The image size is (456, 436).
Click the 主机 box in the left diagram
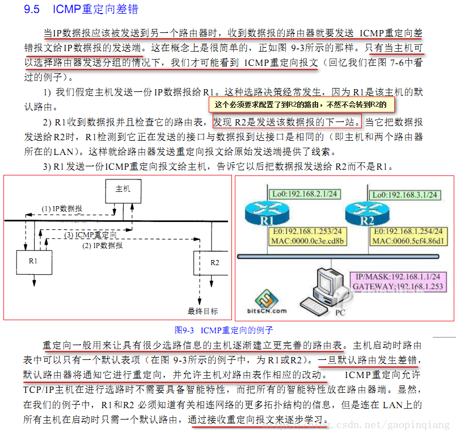(x=123, y=189)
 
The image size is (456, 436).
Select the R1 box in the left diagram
(x=33, y=261)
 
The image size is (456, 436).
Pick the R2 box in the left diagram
(x=214, y=262)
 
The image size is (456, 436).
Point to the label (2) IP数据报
(x=102, y=245)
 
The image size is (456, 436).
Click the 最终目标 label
(x=203, y=311)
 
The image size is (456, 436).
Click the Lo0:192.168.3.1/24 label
(x=404, y=195)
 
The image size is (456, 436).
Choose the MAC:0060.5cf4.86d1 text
(x=409, y=241)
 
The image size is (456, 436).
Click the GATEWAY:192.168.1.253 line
(x=397, y=287)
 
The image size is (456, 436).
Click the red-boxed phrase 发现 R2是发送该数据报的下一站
(x=286, y=121)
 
